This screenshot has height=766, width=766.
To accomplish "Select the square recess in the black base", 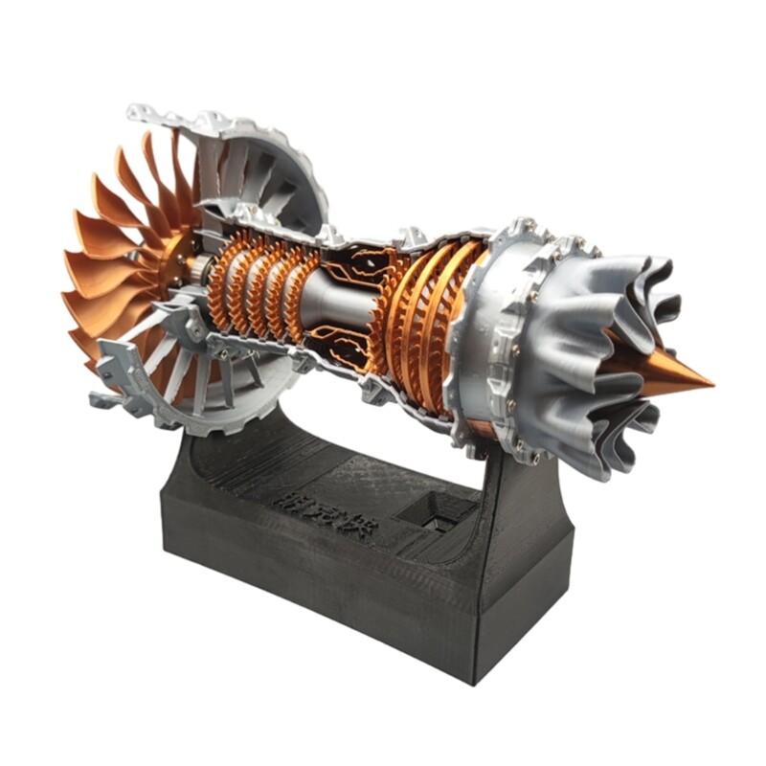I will coord(433,514).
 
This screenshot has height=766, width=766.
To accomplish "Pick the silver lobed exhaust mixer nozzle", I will coord(613,364).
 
